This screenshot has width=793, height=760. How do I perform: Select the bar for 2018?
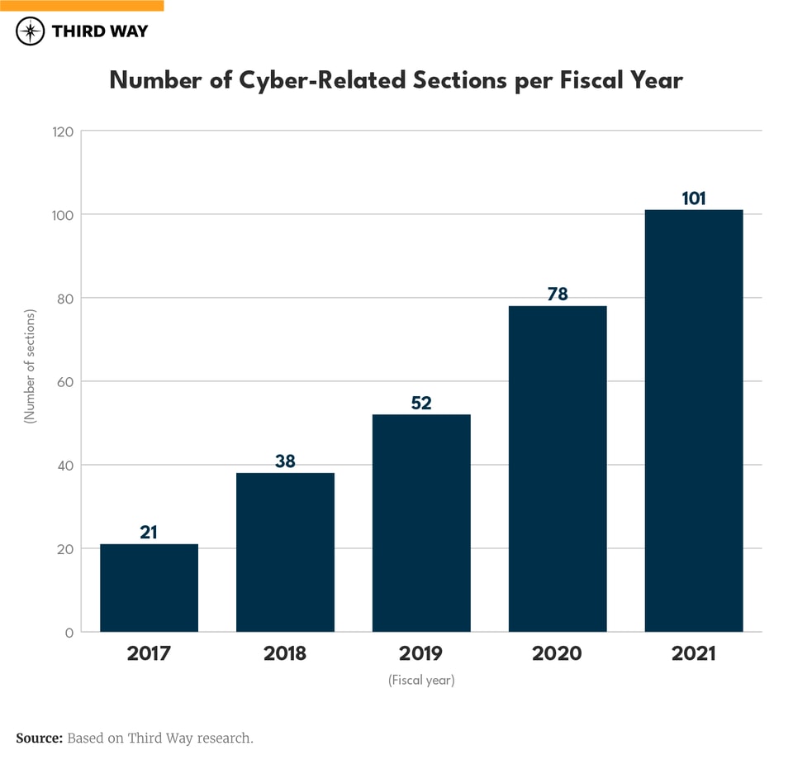tap(285, 552)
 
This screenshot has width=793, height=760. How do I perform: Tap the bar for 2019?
tap(421, 523)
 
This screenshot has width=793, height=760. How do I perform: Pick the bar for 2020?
tap(558, 468)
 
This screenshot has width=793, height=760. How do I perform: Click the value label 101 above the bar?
tap(694, 198)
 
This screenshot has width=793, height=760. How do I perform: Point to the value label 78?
tap(558, 294)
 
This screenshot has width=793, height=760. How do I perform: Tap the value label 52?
tap(421, 403)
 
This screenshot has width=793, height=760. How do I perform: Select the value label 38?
tap(285, 461)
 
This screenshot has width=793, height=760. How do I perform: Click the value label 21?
tap(149, 532)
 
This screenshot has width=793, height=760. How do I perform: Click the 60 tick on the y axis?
tap(65, 382)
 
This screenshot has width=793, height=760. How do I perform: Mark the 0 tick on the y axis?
tap(69, 633)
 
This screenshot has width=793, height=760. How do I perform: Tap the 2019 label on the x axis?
tap(421, 653)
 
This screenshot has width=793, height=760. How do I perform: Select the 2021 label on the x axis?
tap(694, 653)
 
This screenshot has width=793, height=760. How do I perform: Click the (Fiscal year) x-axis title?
tap(421, 681)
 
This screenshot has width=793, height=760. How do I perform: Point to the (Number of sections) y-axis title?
tap(31, 366)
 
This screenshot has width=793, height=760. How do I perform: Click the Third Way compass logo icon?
tap(31, 31)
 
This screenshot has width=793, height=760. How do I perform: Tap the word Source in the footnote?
tap(39, 738)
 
